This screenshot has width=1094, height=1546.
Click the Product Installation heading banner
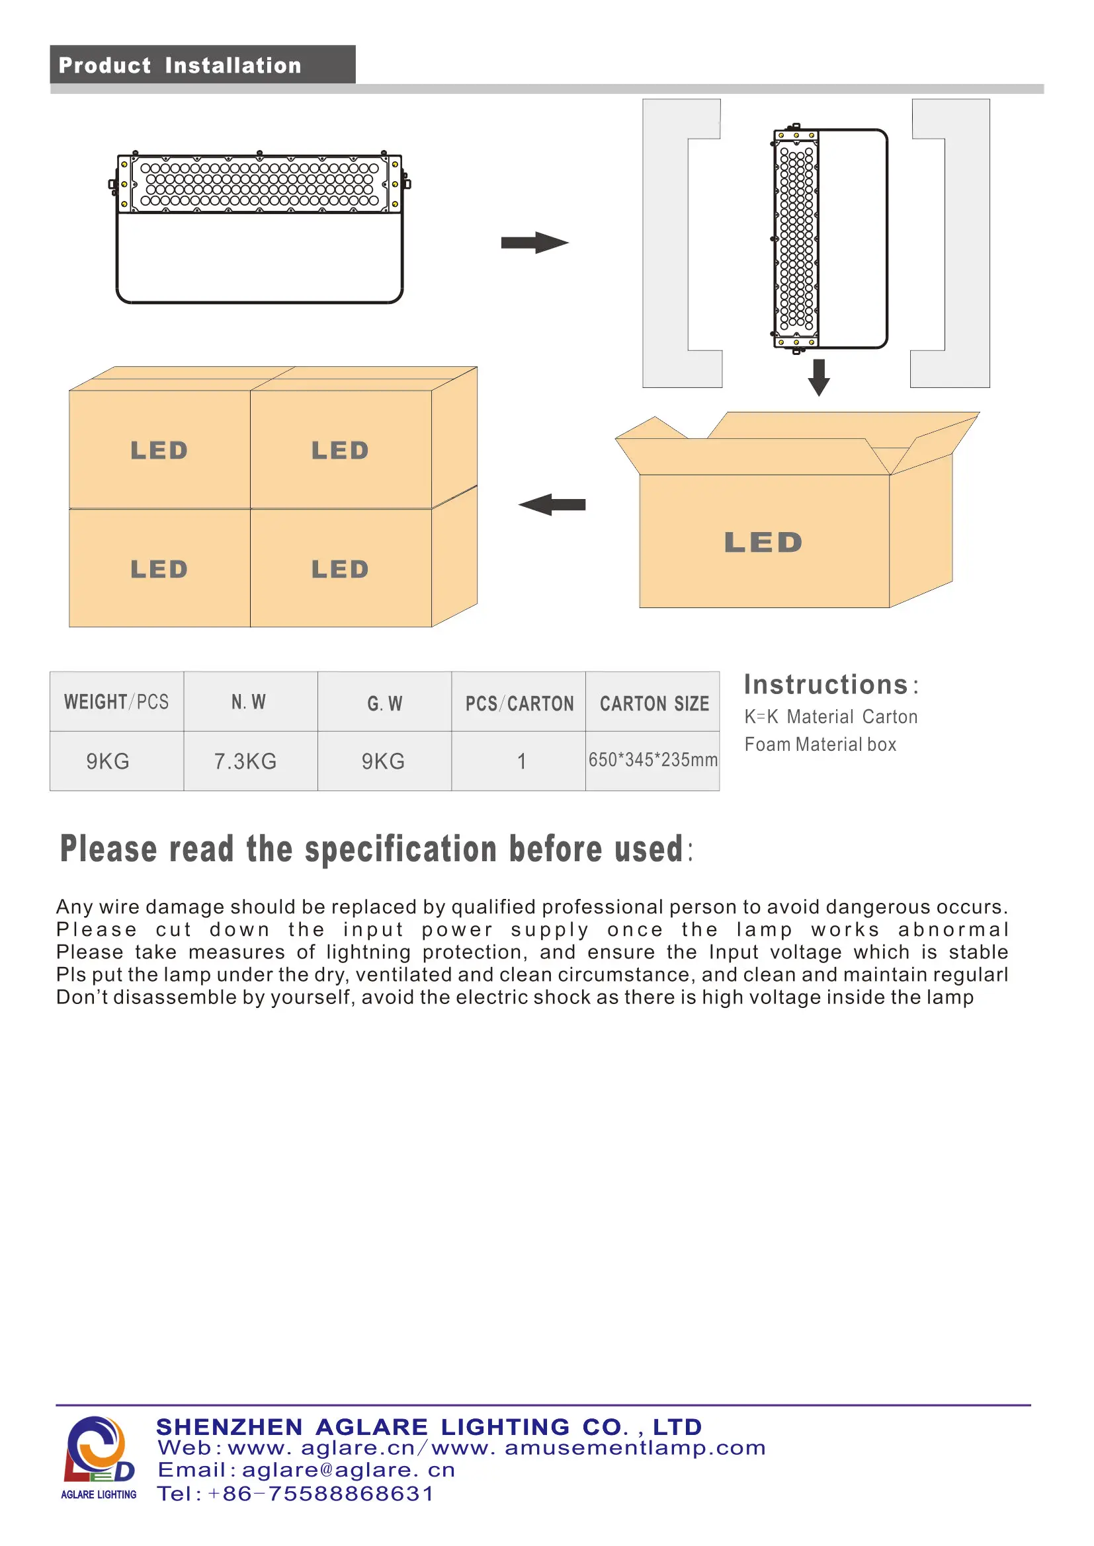point(202,65)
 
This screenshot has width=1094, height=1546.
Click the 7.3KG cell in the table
point(245,761)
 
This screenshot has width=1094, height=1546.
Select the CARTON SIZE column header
point(654,704)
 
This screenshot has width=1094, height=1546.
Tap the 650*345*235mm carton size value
point(653,760)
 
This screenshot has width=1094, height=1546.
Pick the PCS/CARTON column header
point(519,704)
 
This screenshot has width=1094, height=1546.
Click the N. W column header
point(249,703)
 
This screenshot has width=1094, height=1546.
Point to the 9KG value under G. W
point(384,761)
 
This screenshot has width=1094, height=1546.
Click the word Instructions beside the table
point(826,685)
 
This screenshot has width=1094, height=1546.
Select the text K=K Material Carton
point(831,716)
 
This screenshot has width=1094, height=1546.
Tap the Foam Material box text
point(820,744)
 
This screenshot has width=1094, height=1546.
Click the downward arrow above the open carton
point(818,377)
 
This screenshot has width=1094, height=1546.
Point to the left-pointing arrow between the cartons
point(552,504)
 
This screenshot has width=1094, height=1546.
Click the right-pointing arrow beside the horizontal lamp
point(535,243)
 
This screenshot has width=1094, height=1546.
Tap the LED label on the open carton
point(763,543)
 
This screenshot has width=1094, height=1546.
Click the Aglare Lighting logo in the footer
point(99,1458)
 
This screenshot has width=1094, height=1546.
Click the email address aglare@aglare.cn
point(349,1470)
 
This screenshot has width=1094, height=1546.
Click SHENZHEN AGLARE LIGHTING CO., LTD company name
point(429,1426)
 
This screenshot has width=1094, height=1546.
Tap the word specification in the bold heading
point(401,849)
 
